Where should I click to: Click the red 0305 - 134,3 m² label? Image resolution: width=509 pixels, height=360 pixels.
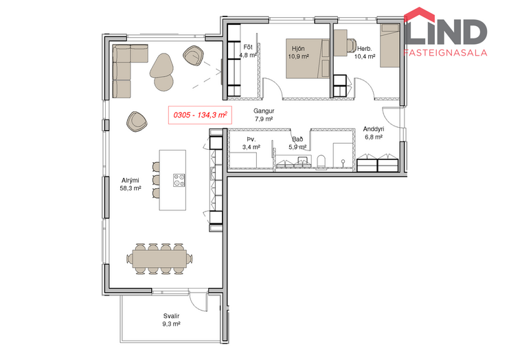pos(200,115)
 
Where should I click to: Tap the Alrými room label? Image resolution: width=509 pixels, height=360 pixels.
pos(131,181)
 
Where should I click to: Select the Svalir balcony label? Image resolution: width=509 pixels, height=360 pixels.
pos(171,316)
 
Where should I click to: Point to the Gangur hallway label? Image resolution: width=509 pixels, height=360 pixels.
pos(264,111)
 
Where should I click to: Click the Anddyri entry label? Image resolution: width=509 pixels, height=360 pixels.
pos(373,129)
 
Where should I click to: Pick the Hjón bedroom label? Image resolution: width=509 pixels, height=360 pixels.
pos(298,49)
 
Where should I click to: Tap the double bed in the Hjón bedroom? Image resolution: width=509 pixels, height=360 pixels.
pos(308,59)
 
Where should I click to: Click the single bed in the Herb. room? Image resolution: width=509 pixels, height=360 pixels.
pos(389,45)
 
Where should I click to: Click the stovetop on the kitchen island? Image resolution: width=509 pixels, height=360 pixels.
pos(179,180)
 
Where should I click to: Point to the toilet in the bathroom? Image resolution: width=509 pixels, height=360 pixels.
pos(321,162)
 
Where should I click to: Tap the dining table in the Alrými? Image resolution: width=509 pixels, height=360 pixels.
pos(159,259)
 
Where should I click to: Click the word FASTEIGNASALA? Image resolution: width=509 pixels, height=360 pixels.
pos(445,53)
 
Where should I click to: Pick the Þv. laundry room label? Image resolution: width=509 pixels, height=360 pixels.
pos(251,139)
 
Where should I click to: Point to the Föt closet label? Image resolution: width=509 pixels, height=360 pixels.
pos(248,47)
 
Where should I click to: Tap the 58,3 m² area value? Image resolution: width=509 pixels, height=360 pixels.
pos(131,188)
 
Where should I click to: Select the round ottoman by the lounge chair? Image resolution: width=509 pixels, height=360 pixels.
pos(163,83)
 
